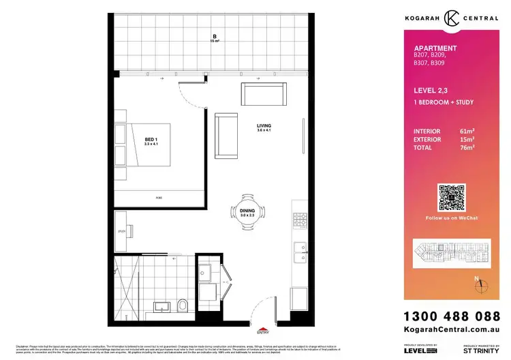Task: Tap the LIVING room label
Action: (x=264, y=126)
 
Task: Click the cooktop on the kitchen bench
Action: (x=299, y=220)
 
